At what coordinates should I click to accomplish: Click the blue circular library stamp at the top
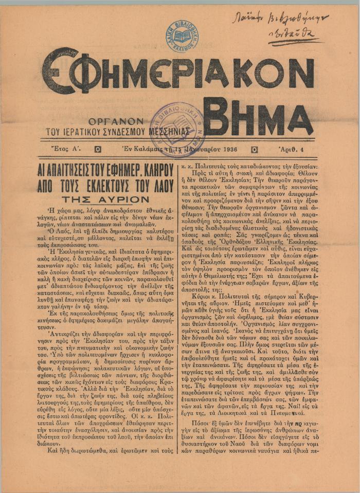[x=183, y=35]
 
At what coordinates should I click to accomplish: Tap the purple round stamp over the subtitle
[x=176, y=128]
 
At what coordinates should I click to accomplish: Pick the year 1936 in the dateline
[x=228, y=150]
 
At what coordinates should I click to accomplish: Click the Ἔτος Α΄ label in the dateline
[x=67, y=150]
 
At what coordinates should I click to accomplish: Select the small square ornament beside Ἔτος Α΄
[x=98, y=150]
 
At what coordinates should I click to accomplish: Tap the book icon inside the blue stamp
[x=183, y=36]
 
